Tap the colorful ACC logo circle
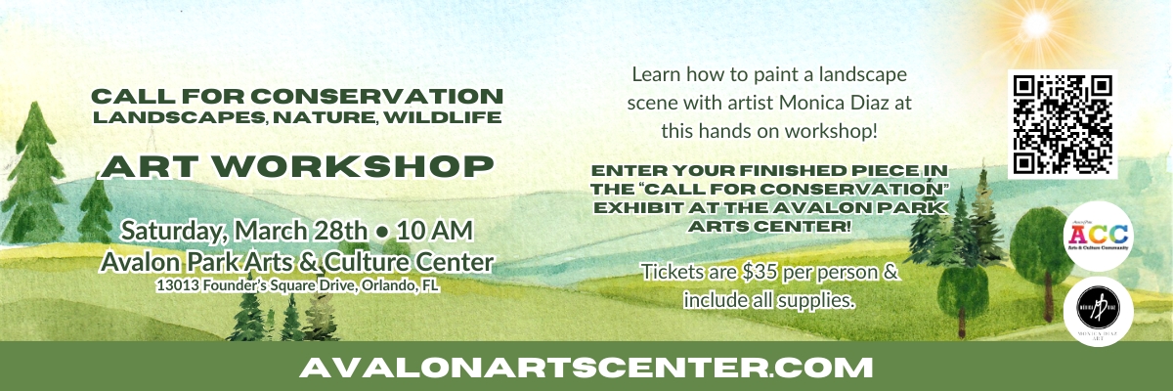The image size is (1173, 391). (1096, 233)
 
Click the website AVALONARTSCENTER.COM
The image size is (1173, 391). (586, 368)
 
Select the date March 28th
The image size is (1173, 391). (299, 232)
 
